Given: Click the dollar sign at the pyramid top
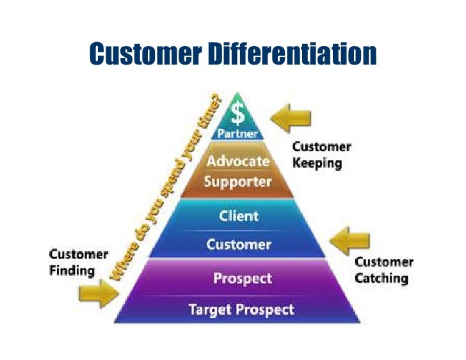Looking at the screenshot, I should click(x=238, y=114).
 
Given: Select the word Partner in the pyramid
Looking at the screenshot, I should click(x=238, y=134).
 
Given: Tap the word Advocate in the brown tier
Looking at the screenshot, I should click(x=238, y=161).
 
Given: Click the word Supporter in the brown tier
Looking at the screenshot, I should click(x=237, y=182).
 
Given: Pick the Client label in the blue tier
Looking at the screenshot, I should click(x=238, y=216).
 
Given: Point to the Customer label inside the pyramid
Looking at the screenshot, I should click(x=239, y=244).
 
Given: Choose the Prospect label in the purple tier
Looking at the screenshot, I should click(x=243, y=279).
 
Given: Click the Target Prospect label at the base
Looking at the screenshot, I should click(x=241, y=309).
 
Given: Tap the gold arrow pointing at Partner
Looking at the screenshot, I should click(x=291, y=118).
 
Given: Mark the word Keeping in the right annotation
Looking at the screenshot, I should click(x=317, y=162).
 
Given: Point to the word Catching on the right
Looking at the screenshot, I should click(x=381, y=278).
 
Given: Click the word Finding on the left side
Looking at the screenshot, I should click(x=72, y=270).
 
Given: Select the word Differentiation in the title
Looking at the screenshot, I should click(x=292, y=54).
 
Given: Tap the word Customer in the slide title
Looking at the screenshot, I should click(x=145, y=54).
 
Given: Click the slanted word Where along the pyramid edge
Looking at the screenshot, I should click(x=122, y=263).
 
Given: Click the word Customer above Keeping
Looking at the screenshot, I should click(x=322, y=147).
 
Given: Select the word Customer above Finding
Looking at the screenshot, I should click(x=79, y=254).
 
